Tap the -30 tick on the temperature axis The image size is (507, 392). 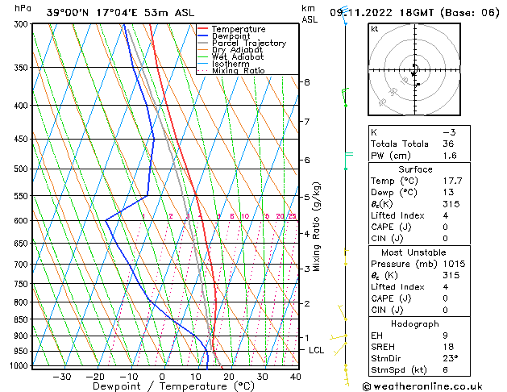click(x=61, y=377)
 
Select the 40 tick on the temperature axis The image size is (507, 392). click(x=296, y=377)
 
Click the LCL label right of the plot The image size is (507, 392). click(x=316, y=350)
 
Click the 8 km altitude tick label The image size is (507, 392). click(x=306, y=82)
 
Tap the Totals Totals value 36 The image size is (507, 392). click(x=448, y=144)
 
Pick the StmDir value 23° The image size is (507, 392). click(x=450, y=359)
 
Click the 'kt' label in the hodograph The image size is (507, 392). click(x=374, y=29)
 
